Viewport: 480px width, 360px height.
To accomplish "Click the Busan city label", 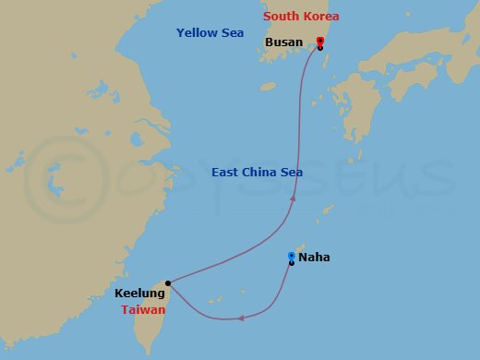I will pyautogui.click(x=283, y=42).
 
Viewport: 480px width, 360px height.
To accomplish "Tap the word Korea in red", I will pyautogui.click(x=321, y=17).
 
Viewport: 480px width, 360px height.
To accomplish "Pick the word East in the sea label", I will pyautogui.click(x=225, y=172).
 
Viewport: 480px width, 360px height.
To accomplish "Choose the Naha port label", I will pyautogui.click(x=314, y=258).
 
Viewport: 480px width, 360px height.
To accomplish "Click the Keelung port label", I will pyautogui.click(x=140, y=294).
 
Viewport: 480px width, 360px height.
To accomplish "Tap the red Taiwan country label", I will pyautogui.click(x=143, y=310).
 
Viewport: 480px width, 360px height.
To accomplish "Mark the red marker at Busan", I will pyautogui.click(x=319, y=41).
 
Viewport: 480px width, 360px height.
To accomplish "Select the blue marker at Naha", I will pyautogui.click(x=291, y=257).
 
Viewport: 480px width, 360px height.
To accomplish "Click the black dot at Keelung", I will pyautogui.click(x=167, y=283).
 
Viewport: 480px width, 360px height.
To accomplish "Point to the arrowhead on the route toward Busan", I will pyautogui.click(x=293, y=196).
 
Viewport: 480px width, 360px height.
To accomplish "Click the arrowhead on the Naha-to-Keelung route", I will pyautogui.click(x=240, y=318).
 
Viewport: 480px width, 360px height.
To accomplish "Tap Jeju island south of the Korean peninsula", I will pyautogui.click(x=268, y=86).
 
